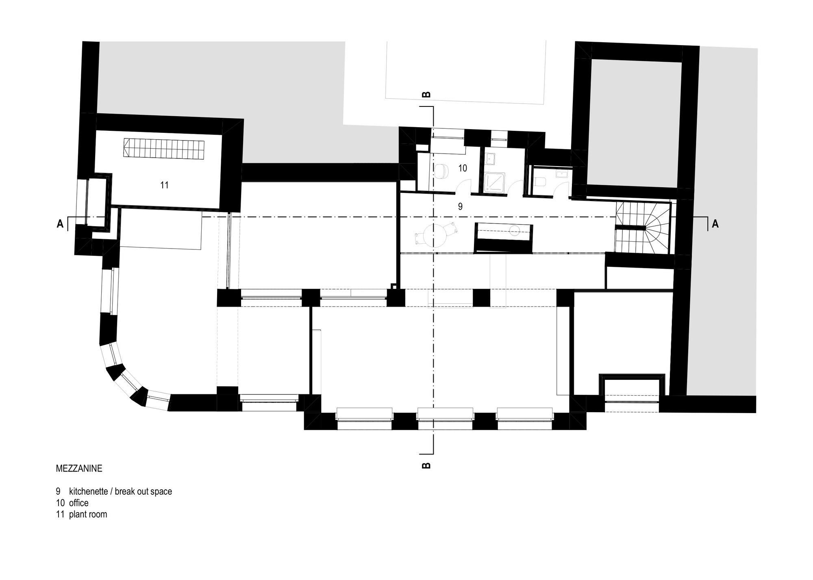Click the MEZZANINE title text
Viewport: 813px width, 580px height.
click(79, 468)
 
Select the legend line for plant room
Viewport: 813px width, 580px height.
click(82, 514)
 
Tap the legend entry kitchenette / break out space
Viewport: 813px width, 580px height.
click(114, 491)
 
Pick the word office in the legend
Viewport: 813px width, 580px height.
click(79, 503)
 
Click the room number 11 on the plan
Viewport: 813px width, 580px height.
click(164, 185)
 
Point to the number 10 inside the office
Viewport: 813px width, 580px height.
click(463, 168)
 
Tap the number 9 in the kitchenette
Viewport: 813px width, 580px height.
click(460, 206)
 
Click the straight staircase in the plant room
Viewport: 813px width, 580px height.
click(164, 148)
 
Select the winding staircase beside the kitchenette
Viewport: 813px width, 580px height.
click(642, 228)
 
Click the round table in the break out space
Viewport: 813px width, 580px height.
click(434, 236)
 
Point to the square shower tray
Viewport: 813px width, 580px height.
click(494, 182)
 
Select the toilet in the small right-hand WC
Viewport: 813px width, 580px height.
click(541, 182)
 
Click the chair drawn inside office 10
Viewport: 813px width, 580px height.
click(441, 171)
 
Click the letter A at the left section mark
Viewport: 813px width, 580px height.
click(60, 224)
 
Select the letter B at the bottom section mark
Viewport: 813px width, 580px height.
click(426, 465)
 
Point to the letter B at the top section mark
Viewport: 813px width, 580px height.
click(426, 95)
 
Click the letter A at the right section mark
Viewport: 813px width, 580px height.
click(715, 224)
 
